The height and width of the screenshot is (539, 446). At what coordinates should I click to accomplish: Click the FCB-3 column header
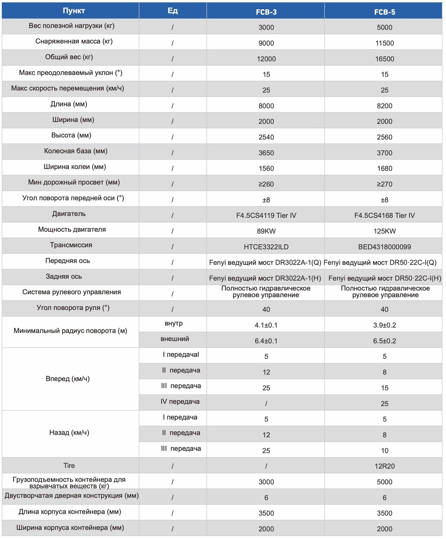tap(266, 12)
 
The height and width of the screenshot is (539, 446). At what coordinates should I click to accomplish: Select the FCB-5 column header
tap(385, 12)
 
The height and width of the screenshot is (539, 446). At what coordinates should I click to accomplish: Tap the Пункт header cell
tap(74, 11)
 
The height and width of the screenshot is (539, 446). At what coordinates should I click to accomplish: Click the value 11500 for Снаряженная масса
tap(385, 43)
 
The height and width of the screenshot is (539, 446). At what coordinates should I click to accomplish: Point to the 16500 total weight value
tap(385, 59)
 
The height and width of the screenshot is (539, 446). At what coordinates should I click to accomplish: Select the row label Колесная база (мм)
tap(75, 151)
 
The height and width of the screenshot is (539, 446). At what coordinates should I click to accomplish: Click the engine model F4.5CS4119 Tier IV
tap(266, 216)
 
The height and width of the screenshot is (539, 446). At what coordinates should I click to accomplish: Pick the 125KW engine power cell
tap(385, 231)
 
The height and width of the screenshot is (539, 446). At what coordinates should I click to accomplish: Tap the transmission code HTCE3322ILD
tap(266, 247)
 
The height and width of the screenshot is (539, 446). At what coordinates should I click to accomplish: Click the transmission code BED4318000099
tap(385, 247)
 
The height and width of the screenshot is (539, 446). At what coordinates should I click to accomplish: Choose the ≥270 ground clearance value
tap(385, 184)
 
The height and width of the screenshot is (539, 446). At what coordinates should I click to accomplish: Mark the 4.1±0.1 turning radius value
tap(266, 325)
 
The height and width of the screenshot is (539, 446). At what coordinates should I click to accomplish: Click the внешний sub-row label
tap(175, 339)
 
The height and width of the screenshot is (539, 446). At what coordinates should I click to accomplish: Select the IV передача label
tap(180, 402)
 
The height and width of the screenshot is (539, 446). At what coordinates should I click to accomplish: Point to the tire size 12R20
tap(385, 466)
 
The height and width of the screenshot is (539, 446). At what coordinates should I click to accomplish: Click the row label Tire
tap(69, 466)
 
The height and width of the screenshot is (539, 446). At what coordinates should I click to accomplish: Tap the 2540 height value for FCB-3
tap(266, 137)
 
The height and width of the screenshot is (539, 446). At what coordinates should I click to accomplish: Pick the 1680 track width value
tap(385, 168)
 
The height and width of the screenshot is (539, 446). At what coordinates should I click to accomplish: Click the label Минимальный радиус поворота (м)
tap(70, 331)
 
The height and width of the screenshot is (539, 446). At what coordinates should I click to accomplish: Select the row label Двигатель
tap(69, 214)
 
